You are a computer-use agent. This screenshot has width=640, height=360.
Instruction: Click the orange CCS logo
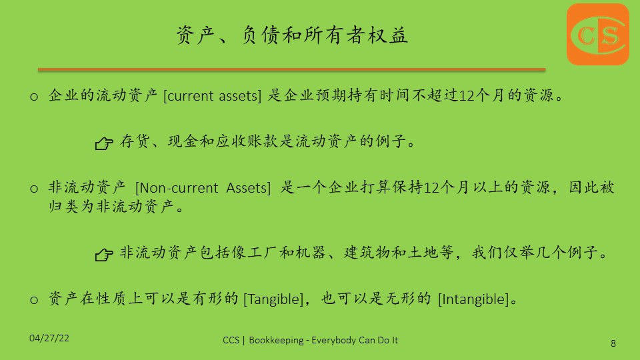[x=598, y=34]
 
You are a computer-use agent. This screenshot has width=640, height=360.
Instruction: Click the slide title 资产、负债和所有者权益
[x=292, y=35]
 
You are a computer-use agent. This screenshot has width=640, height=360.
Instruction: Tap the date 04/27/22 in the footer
[x=49, y=338]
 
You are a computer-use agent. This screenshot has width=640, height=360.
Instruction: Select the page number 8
[x=613, y=343]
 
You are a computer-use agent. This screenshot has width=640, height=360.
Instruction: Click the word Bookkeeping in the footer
[x=276, y=340]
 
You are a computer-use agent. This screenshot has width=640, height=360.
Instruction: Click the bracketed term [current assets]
[x=212, y=96]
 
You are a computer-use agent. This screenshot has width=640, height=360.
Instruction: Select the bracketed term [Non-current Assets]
[x=203, y=188]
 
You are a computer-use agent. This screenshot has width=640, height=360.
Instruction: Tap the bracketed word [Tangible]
[x=273, y=299]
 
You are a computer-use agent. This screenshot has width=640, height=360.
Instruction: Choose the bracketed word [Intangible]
[x=473, y=299]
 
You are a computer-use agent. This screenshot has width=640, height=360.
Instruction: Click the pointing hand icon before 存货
[x=104, y=143]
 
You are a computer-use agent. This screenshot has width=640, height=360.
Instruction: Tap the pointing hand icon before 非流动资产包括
[x=104, y=255]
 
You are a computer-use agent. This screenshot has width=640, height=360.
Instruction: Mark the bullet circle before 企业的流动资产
[x=34, y=97]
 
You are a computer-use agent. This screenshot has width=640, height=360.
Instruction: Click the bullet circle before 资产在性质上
[x=34, y=301]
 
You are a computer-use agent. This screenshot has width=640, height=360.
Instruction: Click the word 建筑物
[x=367, y=252]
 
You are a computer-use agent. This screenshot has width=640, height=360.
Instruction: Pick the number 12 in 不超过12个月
[x=467, y=96]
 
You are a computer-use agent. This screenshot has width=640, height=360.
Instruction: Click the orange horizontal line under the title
[x=291, y=70]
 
